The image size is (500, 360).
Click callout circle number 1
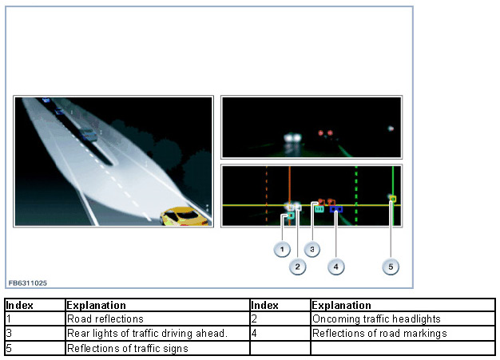(282, 249)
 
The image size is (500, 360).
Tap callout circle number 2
(297, 267)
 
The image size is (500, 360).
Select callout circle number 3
(312, 249)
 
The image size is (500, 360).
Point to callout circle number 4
(335, 267)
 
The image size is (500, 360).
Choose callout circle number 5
(391, 267)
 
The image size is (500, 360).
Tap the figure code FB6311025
(28, 283)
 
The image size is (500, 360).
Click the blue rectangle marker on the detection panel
(336, 209)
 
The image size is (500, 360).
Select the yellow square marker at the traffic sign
(393, 199)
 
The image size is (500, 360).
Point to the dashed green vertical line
(356, 196)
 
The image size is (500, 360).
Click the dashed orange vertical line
(267, 196)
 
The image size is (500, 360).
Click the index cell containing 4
(280, 333)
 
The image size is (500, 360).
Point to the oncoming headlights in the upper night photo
(292, 138)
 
